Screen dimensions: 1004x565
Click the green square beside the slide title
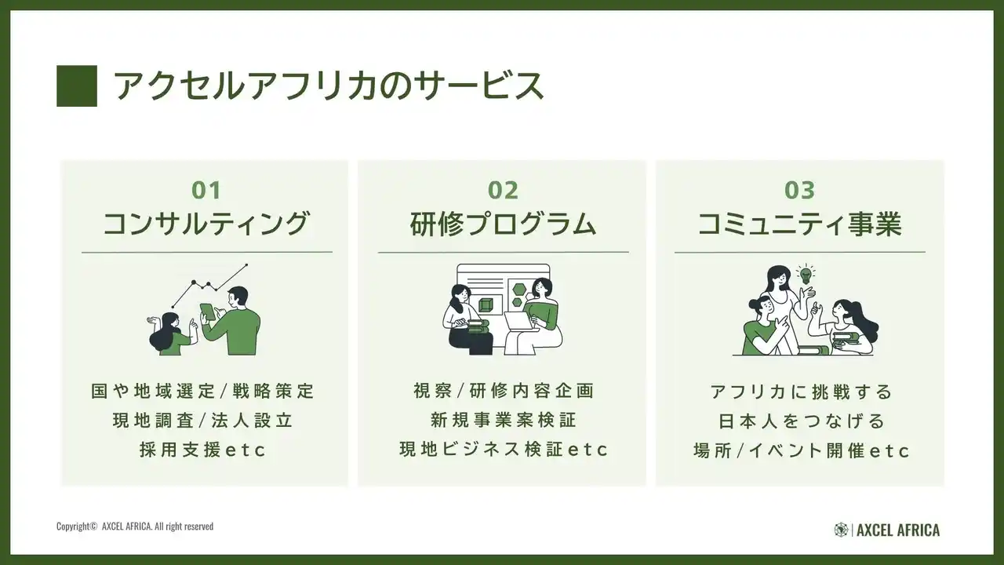click(77, 86)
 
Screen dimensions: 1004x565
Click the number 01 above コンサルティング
click(206, 190)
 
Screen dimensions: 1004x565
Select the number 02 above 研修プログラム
click(503, 190)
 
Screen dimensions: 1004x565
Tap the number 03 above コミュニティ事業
click(799, 190)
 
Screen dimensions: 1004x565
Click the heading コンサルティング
click(206, 224)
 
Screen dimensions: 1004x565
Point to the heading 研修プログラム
click(503, 224)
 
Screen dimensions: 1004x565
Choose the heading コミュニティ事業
click(799, 224)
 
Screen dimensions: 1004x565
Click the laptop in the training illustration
click(520, 322)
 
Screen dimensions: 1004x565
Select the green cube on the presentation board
click(486, 305)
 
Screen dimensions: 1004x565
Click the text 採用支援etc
click(203, 450)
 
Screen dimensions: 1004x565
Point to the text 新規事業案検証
click(503, 420)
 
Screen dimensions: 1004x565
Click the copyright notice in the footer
click(135, 526)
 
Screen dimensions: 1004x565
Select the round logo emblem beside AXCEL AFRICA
click(841, 530)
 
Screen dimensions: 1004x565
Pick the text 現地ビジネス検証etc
click(504, 450)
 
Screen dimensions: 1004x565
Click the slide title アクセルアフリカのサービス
click(329, 86)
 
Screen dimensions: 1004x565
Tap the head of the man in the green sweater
click(237, 297)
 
